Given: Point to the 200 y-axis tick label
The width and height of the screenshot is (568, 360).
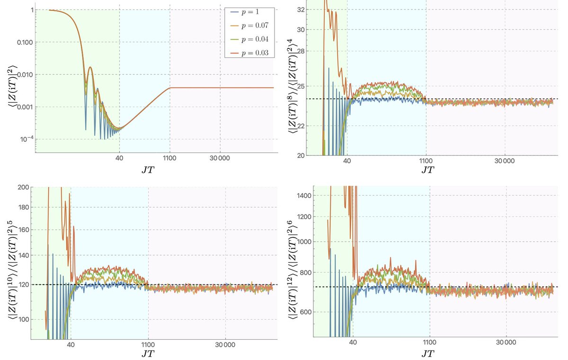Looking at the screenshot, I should (x=22, y=187).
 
